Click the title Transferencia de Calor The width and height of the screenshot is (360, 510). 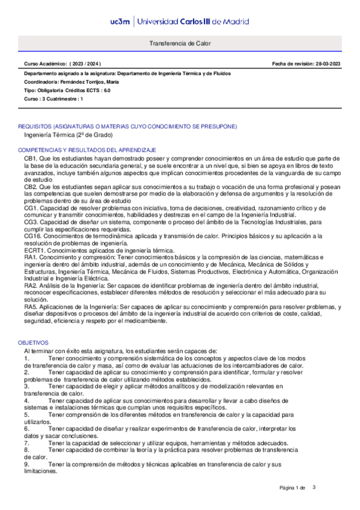180,45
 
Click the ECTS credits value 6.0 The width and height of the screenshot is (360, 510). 107,89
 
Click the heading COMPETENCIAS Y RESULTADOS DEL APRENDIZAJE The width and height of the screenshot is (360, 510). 87,149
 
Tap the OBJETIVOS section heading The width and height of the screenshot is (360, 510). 35,342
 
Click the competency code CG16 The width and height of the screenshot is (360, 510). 32,236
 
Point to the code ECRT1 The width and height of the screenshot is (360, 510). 34,250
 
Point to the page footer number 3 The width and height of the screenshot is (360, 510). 314,487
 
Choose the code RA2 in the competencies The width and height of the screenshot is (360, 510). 31,286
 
